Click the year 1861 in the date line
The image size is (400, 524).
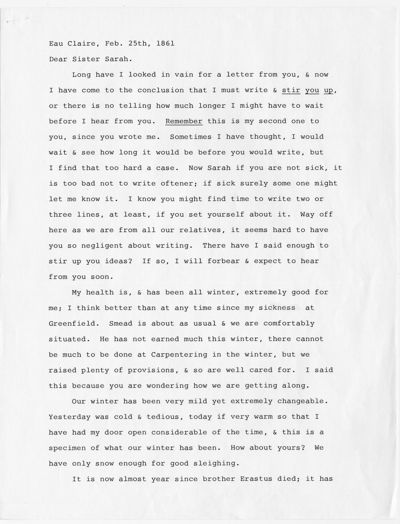pyautogui.click(x=165, y=43)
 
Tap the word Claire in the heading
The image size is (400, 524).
pyautogui.click(x=81, y=43)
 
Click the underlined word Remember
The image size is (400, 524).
pyautogui.click(x=184, y=121)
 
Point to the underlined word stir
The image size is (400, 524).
pyautogui.click(x=291, y=90)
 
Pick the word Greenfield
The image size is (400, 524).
pyautogui.click(x=72, y=324)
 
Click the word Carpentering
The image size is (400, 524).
pyautogui.click(x=179, y=355)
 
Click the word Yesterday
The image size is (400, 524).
pyautogui.click(x=69, y=417)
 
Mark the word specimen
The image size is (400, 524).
pyautogui.click(x=67, y=448)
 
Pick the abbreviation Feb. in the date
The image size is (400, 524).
pyautogui.click(x=112, y=43)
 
